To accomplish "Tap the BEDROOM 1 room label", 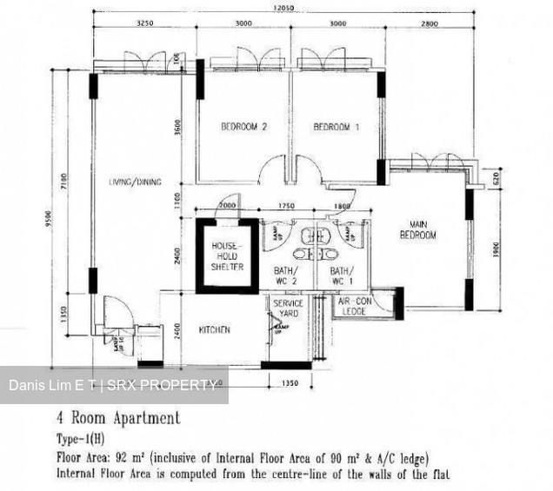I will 336,128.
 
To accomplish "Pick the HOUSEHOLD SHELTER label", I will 228,256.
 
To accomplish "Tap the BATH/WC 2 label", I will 287,275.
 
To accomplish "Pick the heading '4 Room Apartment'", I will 118,419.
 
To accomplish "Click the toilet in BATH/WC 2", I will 299,255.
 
